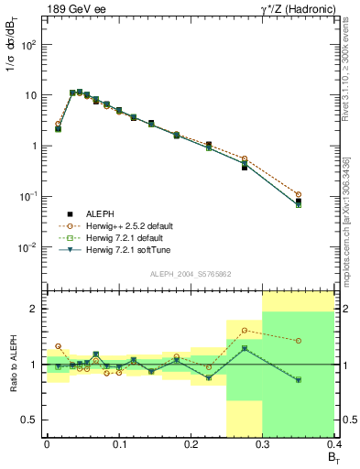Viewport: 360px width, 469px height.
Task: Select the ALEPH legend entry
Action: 100,212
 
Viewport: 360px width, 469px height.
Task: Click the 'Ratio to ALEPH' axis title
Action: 12,365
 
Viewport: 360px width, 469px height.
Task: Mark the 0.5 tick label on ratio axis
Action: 29,420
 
